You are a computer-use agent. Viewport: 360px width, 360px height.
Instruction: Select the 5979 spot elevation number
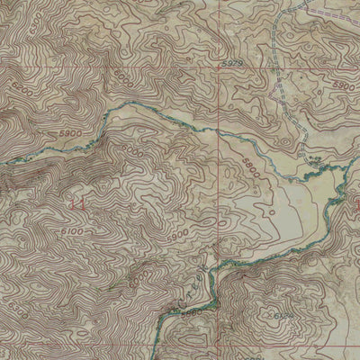tap(232, 64)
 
